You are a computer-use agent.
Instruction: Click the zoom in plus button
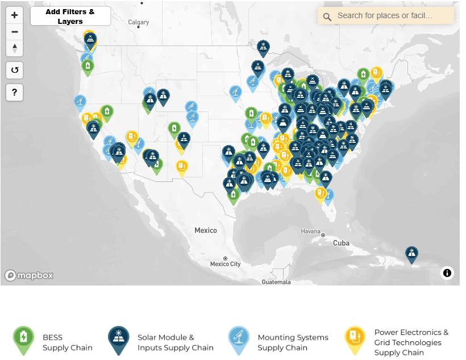pos(15,15)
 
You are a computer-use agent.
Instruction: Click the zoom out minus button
pos(15,32)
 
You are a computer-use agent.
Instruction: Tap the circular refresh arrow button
pos(15,71)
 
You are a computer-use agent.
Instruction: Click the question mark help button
pos(15,92)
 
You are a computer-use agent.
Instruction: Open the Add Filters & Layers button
pos(70,16)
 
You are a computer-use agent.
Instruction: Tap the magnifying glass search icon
pos(327,16)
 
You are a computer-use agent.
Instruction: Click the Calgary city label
pos(138,23)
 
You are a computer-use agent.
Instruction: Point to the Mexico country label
pos(206,230)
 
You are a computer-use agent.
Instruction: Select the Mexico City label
pos(226,264)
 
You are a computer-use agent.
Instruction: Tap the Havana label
pos(311,231)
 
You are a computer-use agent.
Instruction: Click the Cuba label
pos(341,243)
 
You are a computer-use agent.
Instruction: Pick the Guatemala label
pos(276,282)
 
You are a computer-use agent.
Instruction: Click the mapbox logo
pos(30,275)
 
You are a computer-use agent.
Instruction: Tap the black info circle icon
pos(447,273)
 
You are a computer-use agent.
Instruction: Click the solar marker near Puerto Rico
pos(411,254)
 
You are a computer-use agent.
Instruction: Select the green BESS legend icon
pos(23,340)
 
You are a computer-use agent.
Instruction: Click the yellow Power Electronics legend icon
pos(355,340)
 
